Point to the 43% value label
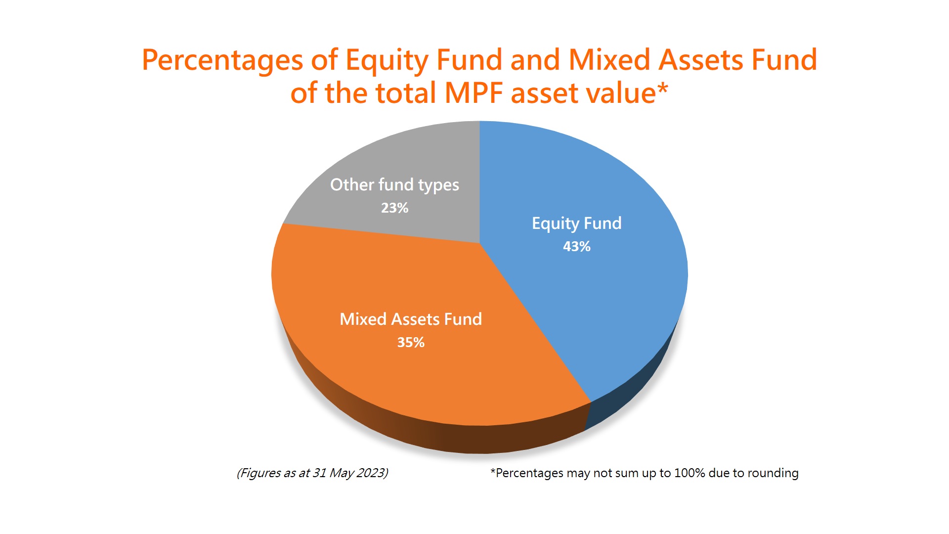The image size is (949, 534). click(x=577, y=246)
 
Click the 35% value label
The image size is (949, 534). click(x=411, y=342)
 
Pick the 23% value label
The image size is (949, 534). click(x=394, y=208)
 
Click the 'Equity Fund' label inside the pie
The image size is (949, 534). click(x=577, y=223)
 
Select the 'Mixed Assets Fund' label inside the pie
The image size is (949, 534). click(x=411, y=319)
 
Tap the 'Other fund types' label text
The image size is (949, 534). click(x=394, y=185)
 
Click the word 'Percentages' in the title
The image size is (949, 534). click(x=222, y=61)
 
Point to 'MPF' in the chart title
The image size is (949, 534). click(x=474, y=93)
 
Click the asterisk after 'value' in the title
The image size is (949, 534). click(x=662, y=89)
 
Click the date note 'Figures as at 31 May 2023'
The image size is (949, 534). click(x=312, y=473)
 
